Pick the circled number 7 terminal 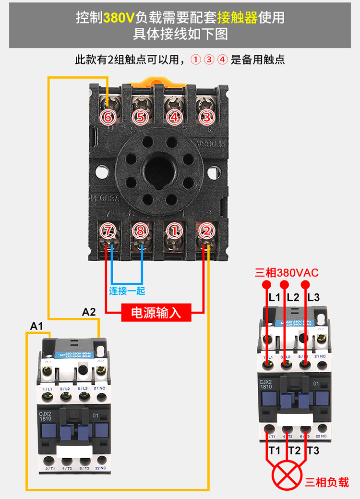pyautogui.click(x=108, y=231)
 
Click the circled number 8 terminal pyautogui.click(x=140, y=231)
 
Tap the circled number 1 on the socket pyautogui.click(x=174, y=231)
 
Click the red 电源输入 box pyautogui.click(x=156, y=312)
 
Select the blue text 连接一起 pyautogui.click(x=127, y=291)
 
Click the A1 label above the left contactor pyautogui.click(x=37, y=327)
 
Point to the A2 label pyautogui.click(x=89, y=312)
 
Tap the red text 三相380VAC pyautogui.click(x=287, y=273)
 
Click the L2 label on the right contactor pyautogui.click(x=293, y=297)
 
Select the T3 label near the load pyautogui.click(x=313, y=450)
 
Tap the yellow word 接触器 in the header pyautogui.click(x=237, y=18)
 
